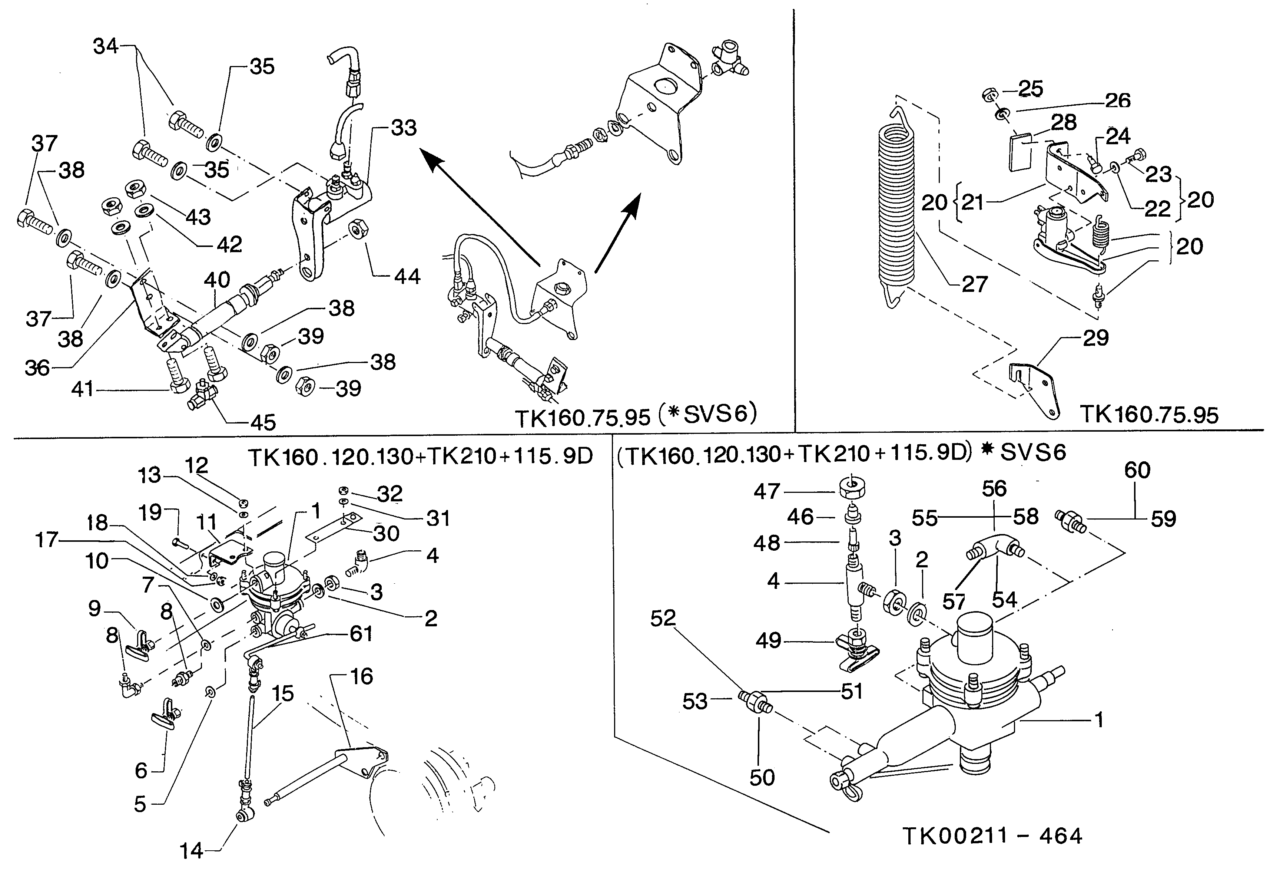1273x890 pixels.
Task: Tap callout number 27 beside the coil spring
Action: (974, 285)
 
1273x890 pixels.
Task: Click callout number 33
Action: (403, 128)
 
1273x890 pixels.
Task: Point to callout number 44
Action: (407, 276)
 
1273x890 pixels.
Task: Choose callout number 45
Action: (263, 423)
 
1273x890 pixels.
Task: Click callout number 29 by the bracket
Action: (1095, 338)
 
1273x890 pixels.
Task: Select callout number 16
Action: (361, 676)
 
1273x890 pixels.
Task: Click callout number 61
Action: (361, 634)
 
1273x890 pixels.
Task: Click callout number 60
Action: (1137, 471)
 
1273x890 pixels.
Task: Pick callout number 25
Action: (1031, 89)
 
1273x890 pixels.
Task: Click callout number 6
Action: (142, 771)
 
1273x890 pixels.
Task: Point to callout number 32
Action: (390, 493)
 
